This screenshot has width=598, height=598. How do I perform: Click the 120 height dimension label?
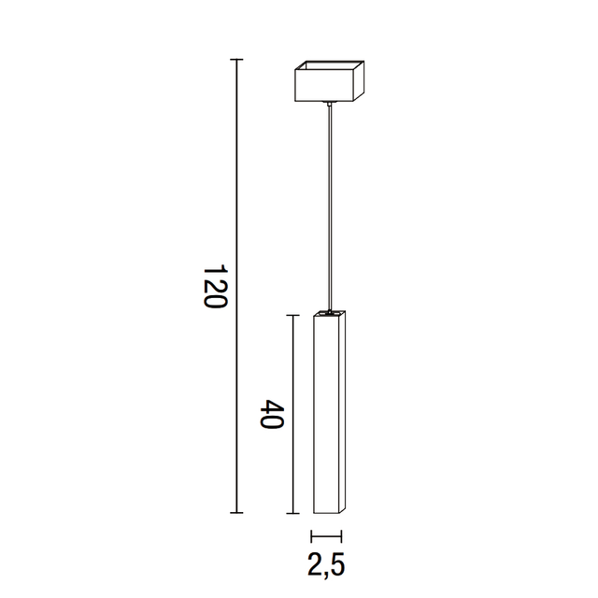click(215, 288)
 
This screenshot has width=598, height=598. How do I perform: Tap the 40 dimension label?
click(272, 415)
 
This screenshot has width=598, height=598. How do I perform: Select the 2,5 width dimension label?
click(326, 564)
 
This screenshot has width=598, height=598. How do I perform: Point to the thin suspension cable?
click(330, 206)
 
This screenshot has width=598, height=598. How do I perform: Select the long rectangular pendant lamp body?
click(325, 416)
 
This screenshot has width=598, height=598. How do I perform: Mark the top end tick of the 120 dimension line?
click(236, 60)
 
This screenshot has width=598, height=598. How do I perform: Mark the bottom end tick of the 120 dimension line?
click(236, 512)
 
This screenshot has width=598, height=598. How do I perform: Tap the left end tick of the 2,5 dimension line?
click(311, 536)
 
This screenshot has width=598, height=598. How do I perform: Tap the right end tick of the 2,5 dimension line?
click(341, 536)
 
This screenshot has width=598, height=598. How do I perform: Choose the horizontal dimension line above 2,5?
click(326, 536)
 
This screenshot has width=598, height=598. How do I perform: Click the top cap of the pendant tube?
click(330, 311)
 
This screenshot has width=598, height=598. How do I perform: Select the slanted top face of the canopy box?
click(330, 67)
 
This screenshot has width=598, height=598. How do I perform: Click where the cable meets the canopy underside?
click(330, 103)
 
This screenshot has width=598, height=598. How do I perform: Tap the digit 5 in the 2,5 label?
click(337, 564)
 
